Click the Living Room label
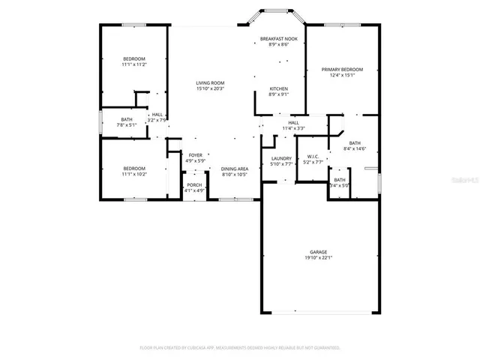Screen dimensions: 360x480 [210, 83]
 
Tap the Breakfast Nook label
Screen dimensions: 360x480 [278, 38]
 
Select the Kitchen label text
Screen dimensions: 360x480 [278, 88]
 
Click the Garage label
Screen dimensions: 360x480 [318, 252]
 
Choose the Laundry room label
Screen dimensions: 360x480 [281, 158]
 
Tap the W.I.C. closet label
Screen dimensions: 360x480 [313, 156]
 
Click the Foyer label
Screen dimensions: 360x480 [195, 155]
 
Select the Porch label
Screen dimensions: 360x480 [194, 184]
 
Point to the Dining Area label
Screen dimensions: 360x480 [234, 169]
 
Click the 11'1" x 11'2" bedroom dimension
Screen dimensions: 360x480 [134, 64]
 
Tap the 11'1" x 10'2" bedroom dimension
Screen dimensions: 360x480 [134, 174]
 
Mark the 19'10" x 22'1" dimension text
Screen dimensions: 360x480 [318, 258]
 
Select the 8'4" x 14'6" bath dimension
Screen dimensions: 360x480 [355, 148]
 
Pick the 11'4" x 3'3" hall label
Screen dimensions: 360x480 [293, 128]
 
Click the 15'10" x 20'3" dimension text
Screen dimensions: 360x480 [210, 88]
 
